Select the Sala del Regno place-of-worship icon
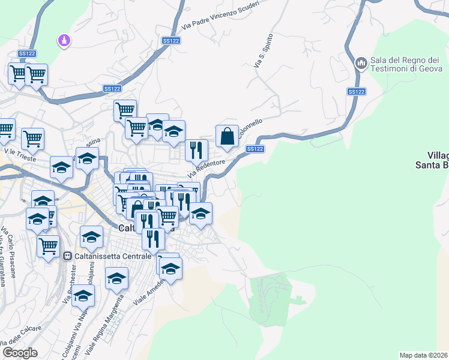coord(361,63)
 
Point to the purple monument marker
coord(64,41)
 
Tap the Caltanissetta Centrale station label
coord(111,256)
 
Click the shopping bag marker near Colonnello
coord(228,136)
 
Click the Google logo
coord(20,353)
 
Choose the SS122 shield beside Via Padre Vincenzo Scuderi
coord(171,40)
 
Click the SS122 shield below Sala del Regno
coord(356,92)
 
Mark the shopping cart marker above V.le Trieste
coord(32,139)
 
